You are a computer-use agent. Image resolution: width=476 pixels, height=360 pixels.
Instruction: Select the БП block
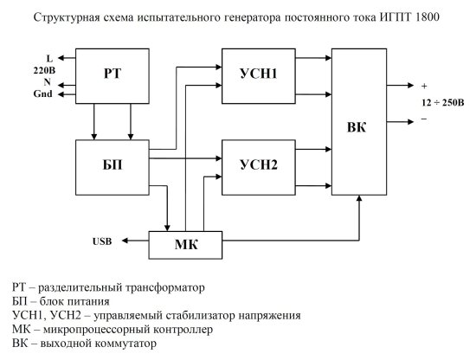[113, 165]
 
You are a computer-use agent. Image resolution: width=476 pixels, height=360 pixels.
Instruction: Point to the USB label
[104, 241]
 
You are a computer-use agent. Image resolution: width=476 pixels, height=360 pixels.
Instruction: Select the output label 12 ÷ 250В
[442, 101]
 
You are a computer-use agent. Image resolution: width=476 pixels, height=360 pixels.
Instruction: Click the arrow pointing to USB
[127, 240]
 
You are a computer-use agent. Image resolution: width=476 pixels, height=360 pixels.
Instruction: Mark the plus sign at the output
[424, 87]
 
